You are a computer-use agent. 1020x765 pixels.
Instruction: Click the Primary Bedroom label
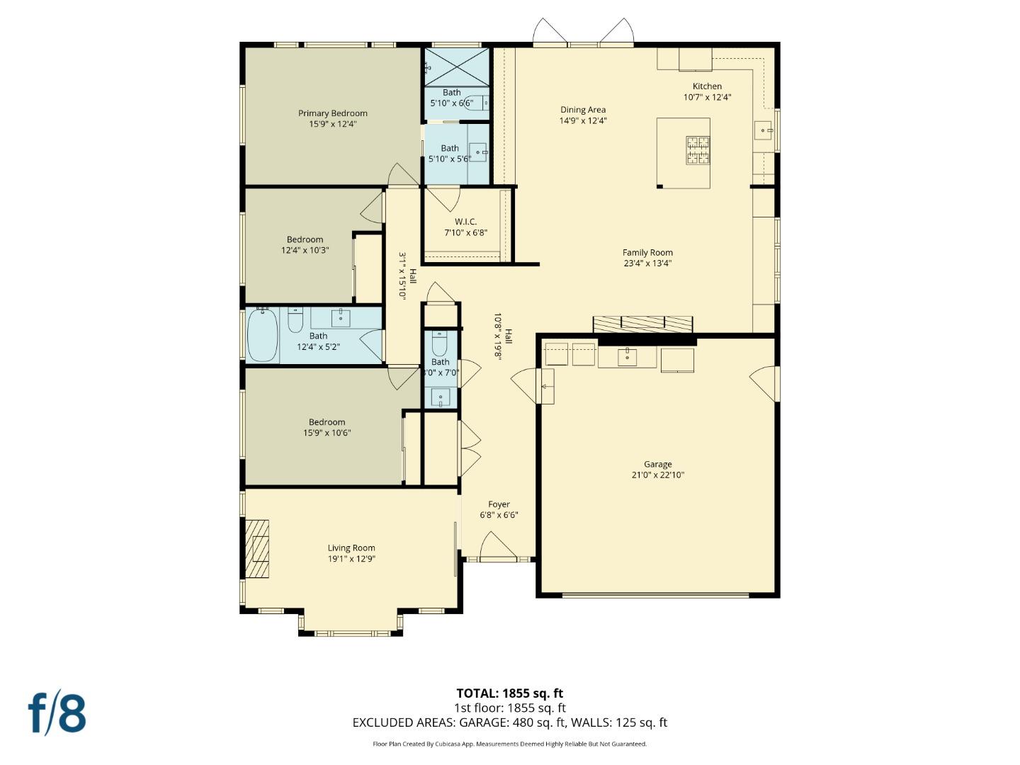pos(332,113)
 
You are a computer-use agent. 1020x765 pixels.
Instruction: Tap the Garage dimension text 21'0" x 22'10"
pos(657,475)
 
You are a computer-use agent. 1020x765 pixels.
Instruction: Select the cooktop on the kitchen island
pos(697,150)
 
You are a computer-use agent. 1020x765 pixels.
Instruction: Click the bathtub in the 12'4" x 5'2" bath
pos(262,336)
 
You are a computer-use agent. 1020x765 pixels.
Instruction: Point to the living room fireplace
pos(257,549)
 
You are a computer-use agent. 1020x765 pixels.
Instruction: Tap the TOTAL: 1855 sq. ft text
pos(509,693)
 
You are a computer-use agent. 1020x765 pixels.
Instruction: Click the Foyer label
pos(499,504)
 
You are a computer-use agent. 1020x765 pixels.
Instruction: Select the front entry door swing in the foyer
pos(497,546)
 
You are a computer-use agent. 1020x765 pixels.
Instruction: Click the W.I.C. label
pos(465,222)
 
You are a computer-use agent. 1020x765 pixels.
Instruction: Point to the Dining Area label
pos(583,110)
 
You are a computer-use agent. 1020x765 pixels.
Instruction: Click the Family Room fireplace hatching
pos(642,324)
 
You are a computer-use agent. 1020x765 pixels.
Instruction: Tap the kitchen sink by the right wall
pos(763,130)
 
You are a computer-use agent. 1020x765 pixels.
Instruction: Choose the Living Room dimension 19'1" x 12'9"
pos(351,559)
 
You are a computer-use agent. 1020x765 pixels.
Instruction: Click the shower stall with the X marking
pos(456,67)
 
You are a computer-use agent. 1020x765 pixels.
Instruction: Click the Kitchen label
pos(707,86)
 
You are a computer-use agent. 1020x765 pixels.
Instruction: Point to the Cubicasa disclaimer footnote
pos(509,744)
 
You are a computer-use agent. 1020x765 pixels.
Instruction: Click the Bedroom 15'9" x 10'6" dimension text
pos(327,433)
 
